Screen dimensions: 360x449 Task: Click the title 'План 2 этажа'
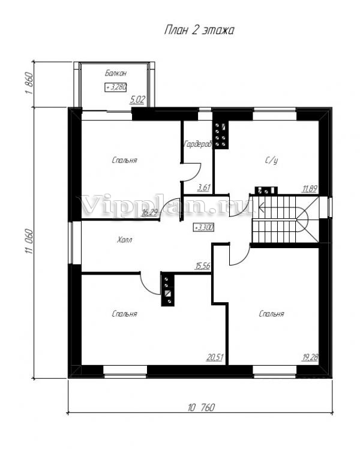pyautogui.click(x=199, y=30)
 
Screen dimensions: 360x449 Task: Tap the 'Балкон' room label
pyautogui.click(x=116, y=73)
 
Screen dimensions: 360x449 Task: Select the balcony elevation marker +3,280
pyautogui.click(x=116, y=87)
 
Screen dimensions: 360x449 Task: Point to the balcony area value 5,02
pyautogui.click(x=137, y=100)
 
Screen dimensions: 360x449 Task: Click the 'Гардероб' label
pyautogui.click(x=197, y=144)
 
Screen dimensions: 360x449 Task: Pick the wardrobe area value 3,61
pyautogui.click(x=204, y=188)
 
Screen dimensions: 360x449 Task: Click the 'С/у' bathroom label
pyautogui.click(x=271, y=161)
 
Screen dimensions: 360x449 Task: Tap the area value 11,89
pyautogui.click(x=309, y=189)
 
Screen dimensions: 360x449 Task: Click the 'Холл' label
pyautogui.click(x=125, y=239)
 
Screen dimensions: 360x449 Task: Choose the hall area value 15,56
pyautogui.click(x=203, y=266)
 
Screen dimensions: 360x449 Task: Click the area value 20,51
pyautogui.click(x=215, y=357)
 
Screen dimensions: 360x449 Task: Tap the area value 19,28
pyautogui.click(x=310, y=357)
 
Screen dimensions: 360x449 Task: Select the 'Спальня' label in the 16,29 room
pyautogui.click(x=124, y=160)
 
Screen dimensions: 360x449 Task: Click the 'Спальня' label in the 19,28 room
pyautogui.click(x=271, y=314)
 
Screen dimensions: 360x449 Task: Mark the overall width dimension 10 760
pyautogui.click(x=201, y=407)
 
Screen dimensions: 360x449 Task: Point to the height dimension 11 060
pyautogui.click(x=29, y=241)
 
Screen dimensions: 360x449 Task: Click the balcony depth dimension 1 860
pyautogui.click(x=29, y=84)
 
